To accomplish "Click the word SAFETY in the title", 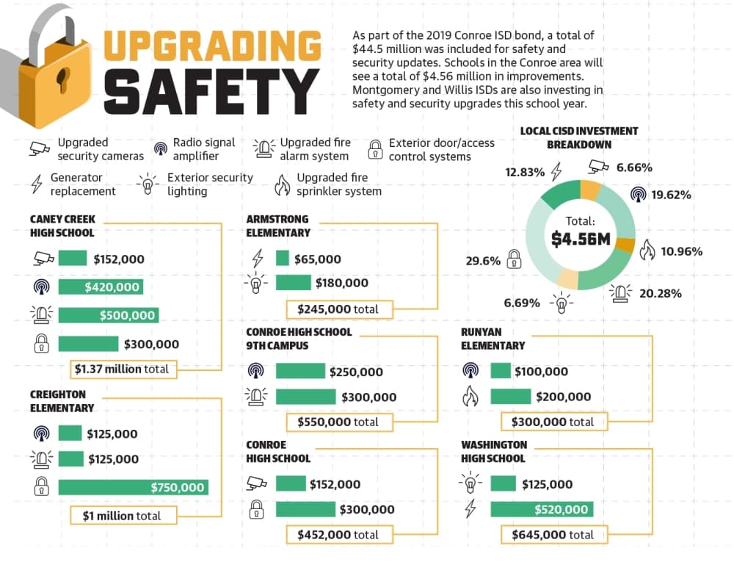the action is click(211, 91).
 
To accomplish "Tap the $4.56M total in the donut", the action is click(581, 239).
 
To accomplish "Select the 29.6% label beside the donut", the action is click(483, 261).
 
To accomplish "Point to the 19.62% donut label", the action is click(671, 195).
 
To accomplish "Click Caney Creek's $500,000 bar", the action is click(108, 315).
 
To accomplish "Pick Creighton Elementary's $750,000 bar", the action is click(133, 487).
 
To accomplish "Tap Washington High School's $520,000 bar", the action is click(542, 509).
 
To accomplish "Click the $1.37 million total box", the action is click(123, 369).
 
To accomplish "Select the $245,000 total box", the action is click(339, 309).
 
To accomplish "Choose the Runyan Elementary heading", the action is click(493, 339).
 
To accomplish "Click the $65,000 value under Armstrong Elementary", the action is click(317, 259).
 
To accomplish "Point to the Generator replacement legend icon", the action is click(37, 184).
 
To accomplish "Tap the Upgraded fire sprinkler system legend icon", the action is click(283, 185).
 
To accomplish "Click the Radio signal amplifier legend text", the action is click(203, 149).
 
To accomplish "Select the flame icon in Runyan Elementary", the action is click(470, 396).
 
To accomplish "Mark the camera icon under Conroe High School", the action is click(256, 484).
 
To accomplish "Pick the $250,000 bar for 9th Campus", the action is click(300, 371).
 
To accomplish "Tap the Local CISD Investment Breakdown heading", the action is click(579, 137).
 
